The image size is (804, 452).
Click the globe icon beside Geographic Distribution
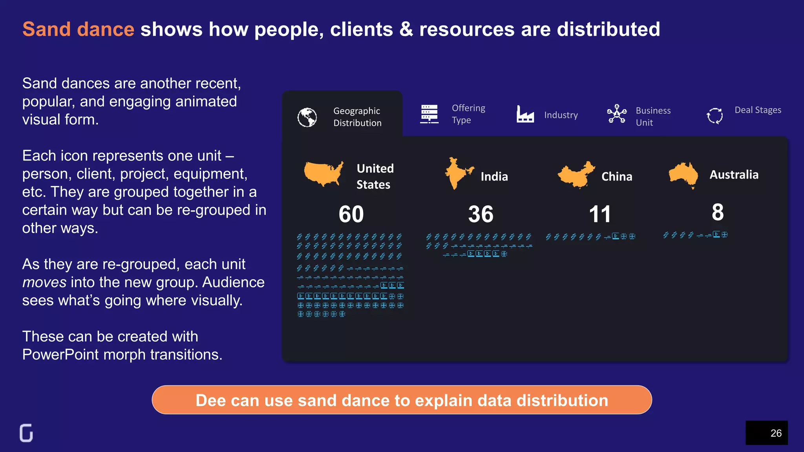tap(307, 117)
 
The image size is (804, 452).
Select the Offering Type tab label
tap(468, 114)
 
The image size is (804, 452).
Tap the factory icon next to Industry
tap(525, 114)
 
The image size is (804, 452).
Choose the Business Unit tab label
tap(653, 116)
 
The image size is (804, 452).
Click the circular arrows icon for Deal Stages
tap(714, 116)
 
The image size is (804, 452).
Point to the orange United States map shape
tap(323, 173)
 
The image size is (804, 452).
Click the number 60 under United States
tap(351, 214)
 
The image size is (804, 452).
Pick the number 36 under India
tap(481, 214)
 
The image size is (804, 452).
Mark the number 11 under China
tap(599, 214)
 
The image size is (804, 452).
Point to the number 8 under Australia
tap(718, 212)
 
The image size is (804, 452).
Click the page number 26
tap(776, 433)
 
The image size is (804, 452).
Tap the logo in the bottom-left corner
tap(26, 433)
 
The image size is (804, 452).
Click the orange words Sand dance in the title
tap(79, 29)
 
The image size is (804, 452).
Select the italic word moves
tap(44, 282)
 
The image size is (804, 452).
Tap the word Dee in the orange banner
tap(210, 401)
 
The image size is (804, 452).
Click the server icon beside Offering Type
tap(429, 114)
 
